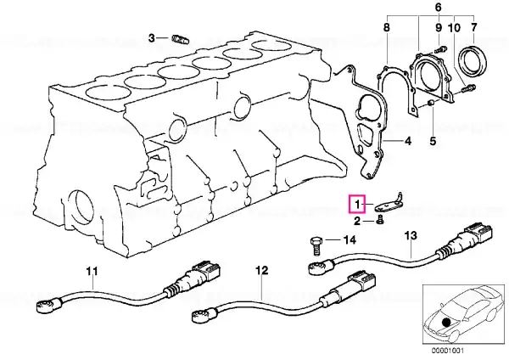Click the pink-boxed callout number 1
point(357,205)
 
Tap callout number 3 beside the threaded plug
point(152,38)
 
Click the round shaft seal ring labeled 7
point(473,61)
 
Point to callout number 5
point(433,141)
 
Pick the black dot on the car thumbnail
point(447,323)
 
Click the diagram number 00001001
point(448,351)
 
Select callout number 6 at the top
point(439,7)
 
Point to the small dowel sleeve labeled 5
point(432,104)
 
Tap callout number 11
point(92,270)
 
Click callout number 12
point(262,270)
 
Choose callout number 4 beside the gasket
point(407,141)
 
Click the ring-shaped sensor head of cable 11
point(43,306)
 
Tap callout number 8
point(386,27)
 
